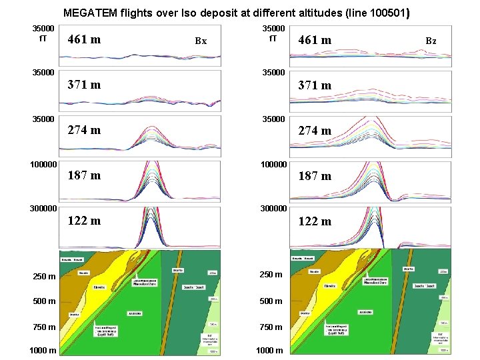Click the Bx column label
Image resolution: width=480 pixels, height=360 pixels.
coord(201,41)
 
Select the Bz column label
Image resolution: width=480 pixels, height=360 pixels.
coord(431,41)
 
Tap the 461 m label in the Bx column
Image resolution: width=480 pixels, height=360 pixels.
coord(85,40)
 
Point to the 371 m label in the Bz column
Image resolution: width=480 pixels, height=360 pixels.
coord(315,85)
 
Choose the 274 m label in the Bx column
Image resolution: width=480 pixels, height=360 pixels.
coord(85,131)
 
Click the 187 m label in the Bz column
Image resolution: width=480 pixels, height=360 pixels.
coord(315,176)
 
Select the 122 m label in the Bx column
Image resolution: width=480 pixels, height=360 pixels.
coord(85,221)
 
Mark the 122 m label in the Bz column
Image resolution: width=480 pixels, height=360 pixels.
coord(315,221)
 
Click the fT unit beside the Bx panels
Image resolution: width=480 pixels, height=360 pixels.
coord(43,39)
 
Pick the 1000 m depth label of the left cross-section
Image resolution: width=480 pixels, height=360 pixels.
coord(43,351)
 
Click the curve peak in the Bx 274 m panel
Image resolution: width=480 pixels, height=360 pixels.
coord(153,127)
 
